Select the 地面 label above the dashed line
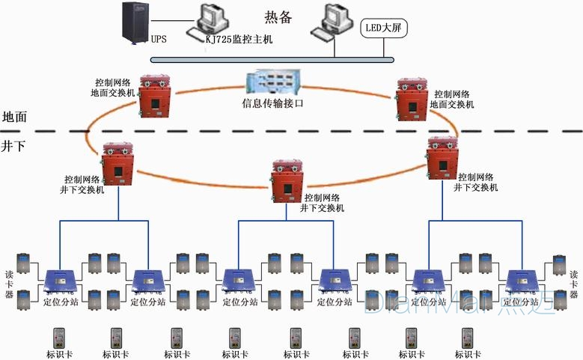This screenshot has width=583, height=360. (15, 117)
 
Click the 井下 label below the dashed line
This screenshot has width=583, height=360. (15, 145)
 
